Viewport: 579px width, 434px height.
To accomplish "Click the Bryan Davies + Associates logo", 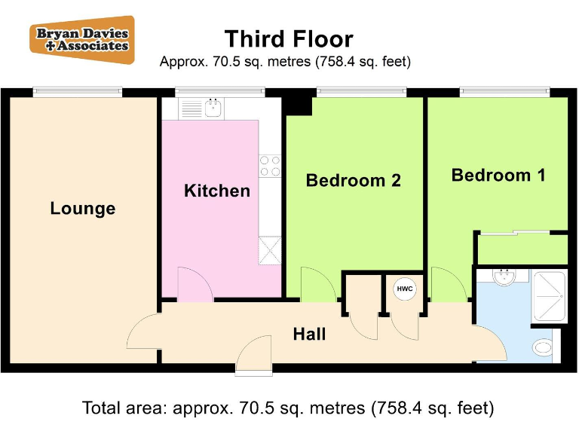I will tap(81, 39).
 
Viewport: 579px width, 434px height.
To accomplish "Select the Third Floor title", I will tap(289, 38).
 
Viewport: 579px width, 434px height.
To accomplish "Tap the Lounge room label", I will tap(83, 209).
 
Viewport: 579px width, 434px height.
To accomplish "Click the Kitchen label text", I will tap(217, 191).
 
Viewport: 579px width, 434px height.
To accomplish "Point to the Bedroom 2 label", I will tap(353, 181).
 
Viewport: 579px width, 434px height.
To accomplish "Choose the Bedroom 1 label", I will tap(498, 176).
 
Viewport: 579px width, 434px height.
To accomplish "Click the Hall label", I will tap(309, 334).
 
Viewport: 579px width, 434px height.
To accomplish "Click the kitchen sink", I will tap(213, 108).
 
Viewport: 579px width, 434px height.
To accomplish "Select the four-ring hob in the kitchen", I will tap(270, 166).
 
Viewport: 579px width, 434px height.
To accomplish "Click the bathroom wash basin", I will tap(503, 277).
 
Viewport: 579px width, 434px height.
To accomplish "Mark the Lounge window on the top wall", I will tap(78, 92).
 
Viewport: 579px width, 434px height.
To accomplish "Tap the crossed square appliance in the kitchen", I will tap(269, 250).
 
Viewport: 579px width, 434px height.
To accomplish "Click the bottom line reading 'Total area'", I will tap(289, 409).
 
